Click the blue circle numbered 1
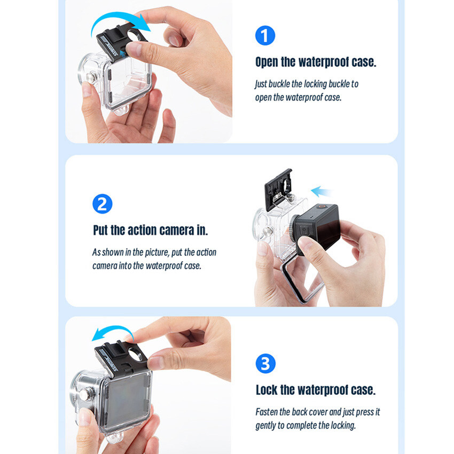(265, 35)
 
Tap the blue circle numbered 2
(102, 204)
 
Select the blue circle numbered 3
(265, 363)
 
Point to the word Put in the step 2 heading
(100, 230)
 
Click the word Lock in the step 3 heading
(267, 390)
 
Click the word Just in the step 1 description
(261, 84)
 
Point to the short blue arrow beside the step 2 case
(321, 192)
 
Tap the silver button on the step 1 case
(91, 77)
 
